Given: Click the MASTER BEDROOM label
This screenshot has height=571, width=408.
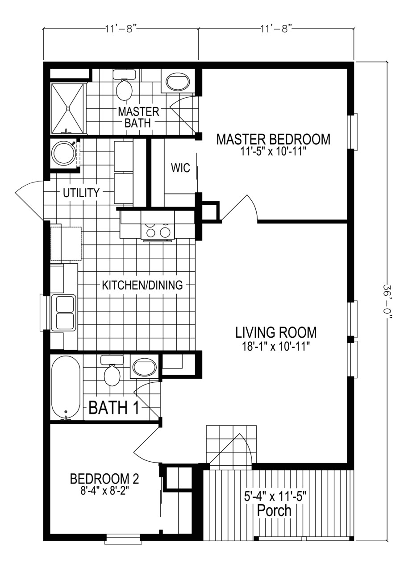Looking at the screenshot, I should [273, 139].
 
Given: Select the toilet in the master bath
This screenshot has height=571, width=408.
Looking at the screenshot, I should [124, 87].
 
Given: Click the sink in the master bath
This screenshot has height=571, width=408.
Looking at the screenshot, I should [178, 82].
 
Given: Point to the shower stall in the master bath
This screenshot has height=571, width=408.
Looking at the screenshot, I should [68, 108].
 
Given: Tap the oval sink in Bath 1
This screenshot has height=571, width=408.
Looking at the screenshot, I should [145, 368].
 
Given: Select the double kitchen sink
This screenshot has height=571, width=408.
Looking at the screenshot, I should [64, 312].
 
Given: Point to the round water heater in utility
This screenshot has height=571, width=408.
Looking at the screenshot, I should [64, 153].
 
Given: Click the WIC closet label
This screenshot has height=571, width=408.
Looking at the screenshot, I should [180, 169].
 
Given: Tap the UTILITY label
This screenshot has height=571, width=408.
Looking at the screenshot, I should [81, 193].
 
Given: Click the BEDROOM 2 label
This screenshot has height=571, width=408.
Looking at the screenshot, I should [104, 479].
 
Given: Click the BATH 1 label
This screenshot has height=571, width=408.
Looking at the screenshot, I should [114, 408].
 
